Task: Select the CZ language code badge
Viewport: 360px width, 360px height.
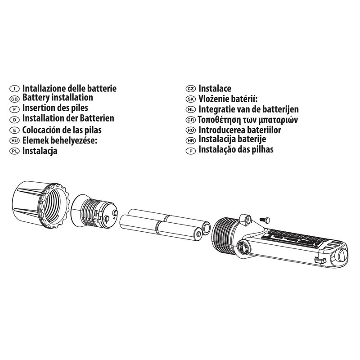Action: (x=190, y=89)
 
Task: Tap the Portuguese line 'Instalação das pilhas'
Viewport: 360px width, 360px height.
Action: (x=236, y=150)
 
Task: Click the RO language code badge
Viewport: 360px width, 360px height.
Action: (x=190, y=130)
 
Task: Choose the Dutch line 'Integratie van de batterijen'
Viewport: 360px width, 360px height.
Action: (x=248, y=109)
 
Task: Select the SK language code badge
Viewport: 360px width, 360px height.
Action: (x=190, y=99)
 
